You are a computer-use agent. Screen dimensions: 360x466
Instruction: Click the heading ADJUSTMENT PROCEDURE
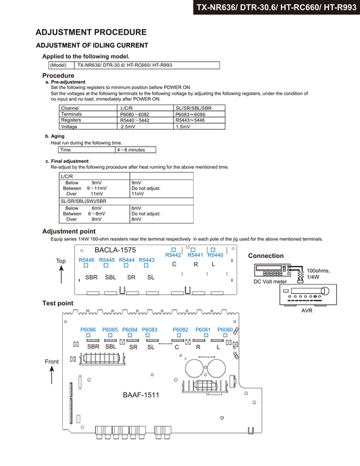tap(91, 32)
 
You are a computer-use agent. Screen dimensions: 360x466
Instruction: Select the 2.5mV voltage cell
tap(145, 126)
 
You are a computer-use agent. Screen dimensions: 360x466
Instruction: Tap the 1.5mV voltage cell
tap(199, 126)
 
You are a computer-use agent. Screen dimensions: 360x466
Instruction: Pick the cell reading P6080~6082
tap(145, 114)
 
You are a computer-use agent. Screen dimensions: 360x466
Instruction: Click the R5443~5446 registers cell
tap(199, 120)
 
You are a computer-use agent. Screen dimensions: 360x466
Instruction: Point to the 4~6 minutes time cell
tap(136, 150)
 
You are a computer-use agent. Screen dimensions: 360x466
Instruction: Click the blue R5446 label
tap(86, 260)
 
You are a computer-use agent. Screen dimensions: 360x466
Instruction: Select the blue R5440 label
tap(215, 255)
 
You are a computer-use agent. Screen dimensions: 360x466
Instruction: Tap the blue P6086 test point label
tap(88, 330)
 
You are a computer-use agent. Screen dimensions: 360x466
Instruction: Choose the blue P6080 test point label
tap(225, 330)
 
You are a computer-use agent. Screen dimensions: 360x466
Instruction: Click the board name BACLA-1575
tap(115, 250)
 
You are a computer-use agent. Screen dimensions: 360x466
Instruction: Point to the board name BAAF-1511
tap(141, 395)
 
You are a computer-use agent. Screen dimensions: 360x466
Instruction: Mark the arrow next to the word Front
tap(52, 375)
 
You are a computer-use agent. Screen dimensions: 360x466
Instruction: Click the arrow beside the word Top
tap(61, 275)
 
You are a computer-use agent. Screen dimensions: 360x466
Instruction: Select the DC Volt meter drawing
tap(272, 270)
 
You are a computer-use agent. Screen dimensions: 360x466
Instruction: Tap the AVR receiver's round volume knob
tap(326, 290)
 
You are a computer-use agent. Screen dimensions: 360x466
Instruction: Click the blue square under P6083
tap(148, 335)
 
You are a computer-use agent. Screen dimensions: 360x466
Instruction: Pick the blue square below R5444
tap(126, 265)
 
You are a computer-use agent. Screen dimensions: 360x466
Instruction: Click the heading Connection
tap(265, 256)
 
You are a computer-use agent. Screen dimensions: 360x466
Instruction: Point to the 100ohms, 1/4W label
tap(318, 274)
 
